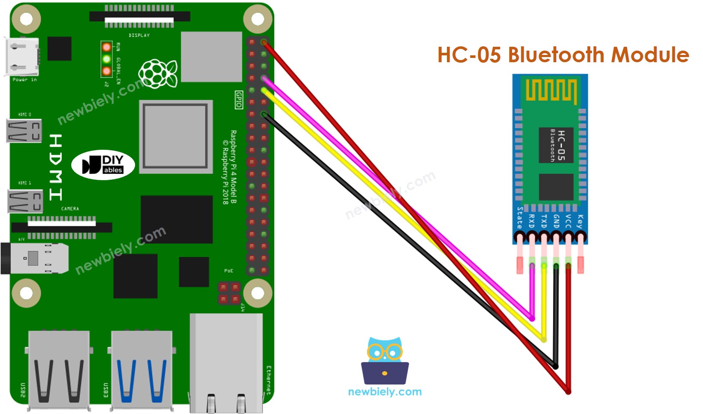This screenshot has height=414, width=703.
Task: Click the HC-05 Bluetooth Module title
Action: click(563, 55)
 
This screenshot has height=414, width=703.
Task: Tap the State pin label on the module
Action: click(520, 218)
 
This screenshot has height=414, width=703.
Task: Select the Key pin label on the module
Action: click(580, 221)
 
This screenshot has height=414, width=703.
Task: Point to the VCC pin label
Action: click(568, 221)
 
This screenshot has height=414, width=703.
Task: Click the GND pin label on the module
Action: click(556, 221)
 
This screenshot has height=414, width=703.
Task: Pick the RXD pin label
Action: click(532, 221)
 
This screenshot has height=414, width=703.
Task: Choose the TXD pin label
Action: click(544, 221)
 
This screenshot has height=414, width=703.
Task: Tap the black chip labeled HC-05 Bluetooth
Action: click(556, 145)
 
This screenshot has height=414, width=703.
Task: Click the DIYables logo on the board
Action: click(103, 165)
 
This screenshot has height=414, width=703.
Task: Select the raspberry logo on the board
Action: click(158, 74)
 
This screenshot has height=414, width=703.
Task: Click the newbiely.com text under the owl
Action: click(385, 392)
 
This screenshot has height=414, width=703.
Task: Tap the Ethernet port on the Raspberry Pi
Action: click(226, 363)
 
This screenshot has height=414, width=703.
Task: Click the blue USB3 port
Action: click(142, 371)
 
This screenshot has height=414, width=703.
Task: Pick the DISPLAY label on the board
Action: click(139, 35)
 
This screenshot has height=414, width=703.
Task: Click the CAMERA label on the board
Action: click(70, 209)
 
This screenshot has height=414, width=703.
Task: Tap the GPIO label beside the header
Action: click(239, 100)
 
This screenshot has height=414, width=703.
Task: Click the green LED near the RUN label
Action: click(106, 59)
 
